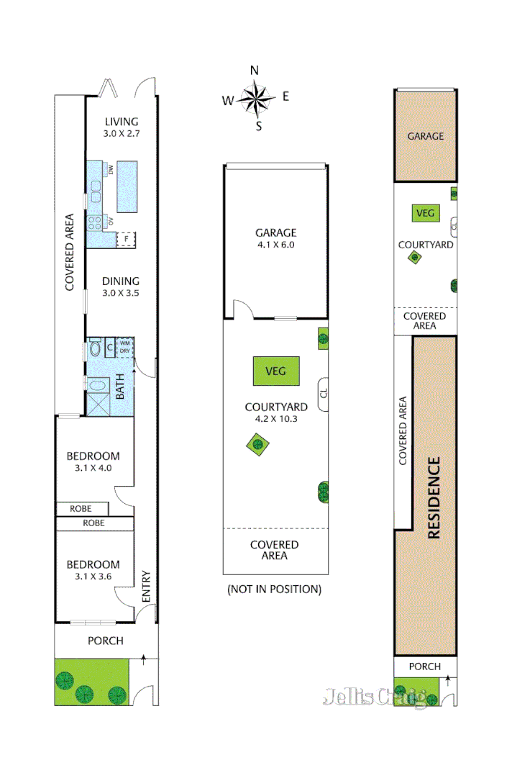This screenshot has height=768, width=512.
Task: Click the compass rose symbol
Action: click(x=255, y=99)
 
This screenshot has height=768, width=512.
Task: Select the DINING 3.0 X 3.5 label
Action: click(x=121, y=287)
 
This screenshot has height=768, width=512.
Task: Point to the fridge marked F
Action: click(x=127, y=238)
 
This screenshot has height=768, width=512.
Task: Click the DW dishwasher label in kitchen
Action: click(x=111, y=169)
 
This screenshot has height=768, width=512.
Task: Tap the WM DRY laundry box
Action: click(x=125, y=346)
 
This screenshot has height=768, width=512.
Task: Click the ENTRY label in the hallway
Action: click(x=146, y=587)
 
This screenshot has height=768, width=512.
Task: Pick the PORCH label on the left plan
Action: click(x=106, y=641)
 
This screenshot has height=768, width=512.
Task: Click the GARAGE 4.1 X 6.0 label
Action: click(x=275, y=238)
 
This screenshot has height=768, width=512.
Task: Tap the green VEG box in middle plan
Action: click(x=275, y=371)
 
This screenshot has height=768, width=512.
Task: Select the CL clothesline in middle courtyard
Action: click(x=324, y=394)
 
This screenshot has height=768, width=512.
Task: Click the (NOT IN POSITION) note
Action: click(x=274, y=589)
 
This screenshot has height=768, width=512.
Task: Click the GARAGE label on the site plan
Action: click(x=426, y=136)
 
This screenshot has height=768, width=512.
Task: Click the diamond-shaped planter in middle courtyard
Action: click(x=256, y=444)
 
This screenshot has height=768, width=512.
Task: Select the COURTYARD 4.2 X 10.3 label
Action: click(x=275, y=412)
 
